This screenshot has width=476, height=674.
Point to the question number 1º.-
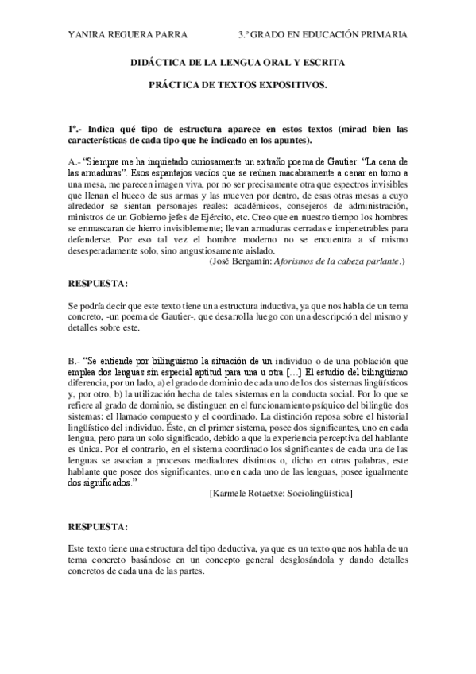[76, 129]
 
